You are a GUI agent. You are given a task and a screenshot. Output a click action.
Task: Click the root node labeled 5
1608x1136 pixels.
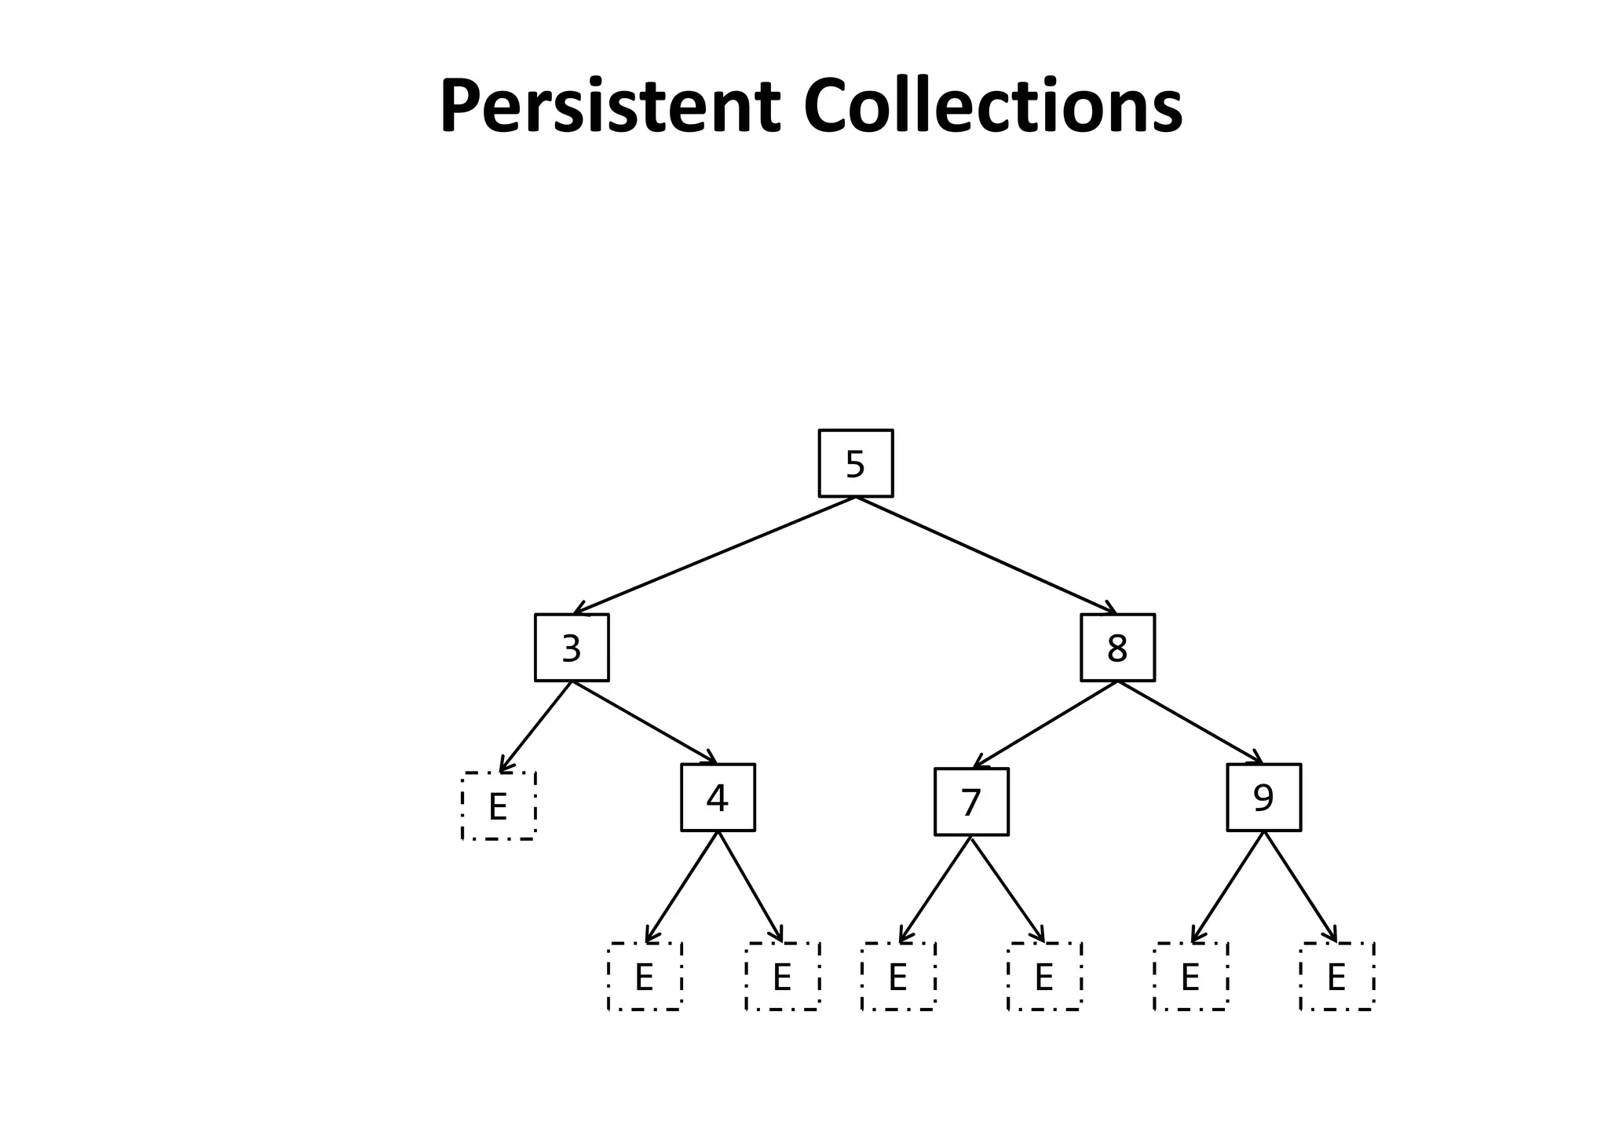point(855,463)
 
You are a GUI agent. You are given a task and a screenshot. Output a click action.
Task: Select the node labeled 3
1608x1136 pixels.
point(572,648)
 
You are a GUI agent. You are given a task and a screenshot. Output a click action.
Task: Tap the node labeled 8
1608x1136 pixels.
point(1117,648)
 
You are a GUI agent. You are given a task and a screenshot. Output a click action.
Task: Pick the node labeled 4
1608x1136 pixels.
point(718,798)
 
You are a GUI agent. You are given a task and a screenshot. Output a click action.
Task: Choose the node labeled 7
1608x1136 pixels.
point(971,802)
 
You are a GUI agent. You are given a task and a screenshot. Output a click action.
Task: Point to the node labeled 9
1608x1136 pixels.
point(1263,798)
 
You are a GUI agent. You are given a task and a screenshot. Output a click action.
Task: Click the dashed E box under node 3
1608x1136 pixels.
point(499,806)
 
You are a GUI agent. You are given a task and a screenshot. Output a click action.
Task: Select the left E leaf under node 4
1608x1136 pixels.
point(645,977)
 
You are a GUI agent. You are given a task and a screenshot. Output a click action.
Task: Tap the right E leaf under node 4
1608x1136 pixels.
point(782,977)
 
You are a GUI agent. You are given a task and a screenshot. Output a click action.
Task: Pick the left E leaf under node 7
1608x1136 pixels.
point(898,977)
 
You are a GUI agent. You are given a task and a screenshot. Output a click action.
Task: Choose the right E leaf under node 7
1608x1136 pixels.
point(1044,977)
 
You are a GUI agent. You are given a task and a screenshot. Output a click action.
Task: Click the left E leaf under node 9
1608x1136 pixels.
point(1190,977)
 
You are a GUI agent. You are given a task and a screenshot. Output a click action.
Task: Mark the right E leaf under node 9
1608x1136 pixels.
point(1336,977)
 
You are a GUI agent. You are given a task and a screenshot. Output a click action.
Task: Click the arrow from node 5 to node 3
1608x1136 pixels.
point(714,555)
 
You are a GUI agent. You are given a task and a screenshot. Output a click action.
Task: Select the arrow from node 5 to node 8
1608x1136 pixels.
point(986,555)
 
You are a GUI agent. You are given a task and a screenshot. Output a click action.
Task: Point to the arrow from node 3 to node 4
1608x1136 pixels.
point(645,722)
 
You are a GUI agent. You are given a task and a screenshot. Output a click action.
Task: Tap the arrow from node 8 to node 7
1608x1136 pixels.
point(1044,724)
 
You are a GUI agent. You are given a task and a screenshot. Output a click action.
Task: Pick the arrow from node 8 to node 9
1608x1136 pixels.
point(1190,722)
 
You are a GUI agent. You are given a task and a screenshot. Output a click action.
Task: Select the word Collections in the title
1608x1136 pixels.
point(992,106)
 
